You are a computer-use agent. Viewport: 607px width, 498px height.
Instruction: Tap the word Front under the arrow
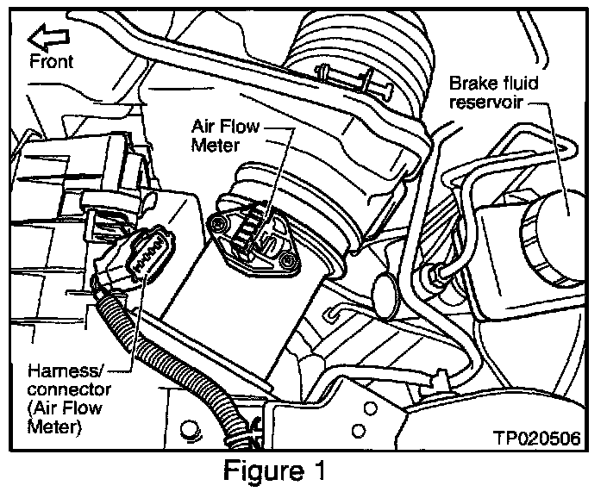(51, 60)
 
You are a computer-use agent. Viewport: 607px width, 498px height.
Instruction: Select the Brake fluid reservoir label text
(487, 93)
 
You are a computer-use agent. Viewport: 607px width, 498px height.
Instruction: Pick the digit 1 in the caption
(321, 472)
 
